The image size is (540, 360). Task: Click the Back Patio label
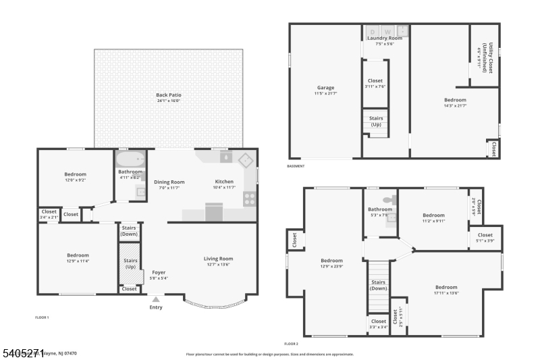click(168, 95)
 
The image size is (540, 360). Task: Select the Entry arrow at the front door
click(156, 299)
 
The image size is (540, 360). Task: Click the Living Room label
click(218, 259)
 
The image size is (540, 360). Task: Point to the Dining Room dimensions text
click(169, 188)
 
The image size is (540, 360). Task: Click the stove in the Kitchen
click(250, 199)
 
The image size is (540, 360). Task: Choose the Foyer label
click(159, 272)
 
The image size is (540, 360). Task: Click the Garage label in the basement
click(326, 88)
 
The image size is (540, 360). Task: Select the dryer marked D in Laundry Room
click(373, 31)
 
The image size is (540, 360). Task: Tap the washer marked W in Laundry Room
click(387, 31)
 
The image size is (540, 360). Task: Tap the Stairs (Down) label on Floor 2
click(379, 285)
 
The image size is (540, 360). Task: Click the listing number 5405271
click(23, 351)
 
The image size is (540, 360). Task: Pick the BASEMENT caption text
click(296, 166)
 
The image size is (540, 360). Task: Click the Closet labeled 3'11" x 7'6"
click(375, 83)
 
